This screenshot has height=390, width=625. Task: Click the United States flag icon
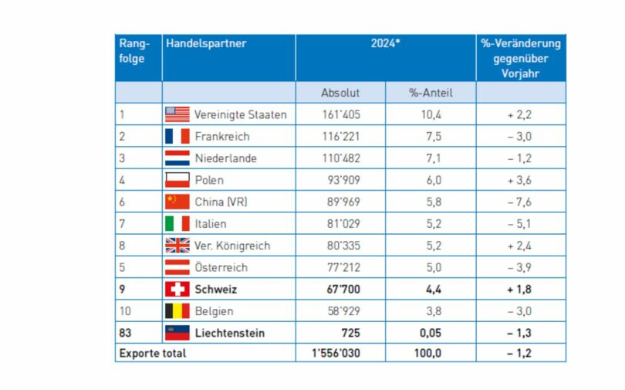177,114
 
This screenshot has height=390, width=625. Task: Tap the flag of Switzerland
177,289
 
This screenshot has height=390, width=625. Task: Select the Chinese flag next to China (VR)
177,202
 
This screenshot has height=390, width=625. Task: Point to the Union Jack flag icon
177,246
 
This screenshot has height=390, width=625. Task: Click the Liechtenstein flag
177,333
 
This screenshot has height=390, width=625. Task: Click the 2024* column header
385,44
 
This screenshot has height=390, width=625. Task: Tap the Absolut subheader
340,93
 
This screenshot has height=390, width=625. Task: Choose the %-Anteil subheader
431,93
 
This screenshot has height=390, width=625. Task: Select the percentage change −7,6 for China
521,202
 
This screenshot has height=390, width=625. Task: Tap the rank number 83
126,333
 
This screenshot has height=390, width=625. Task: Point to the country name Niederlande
225,158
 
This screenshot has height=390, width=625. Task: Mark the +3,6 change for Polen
521,180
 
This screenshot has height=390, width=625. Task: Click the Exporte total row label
152,354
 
